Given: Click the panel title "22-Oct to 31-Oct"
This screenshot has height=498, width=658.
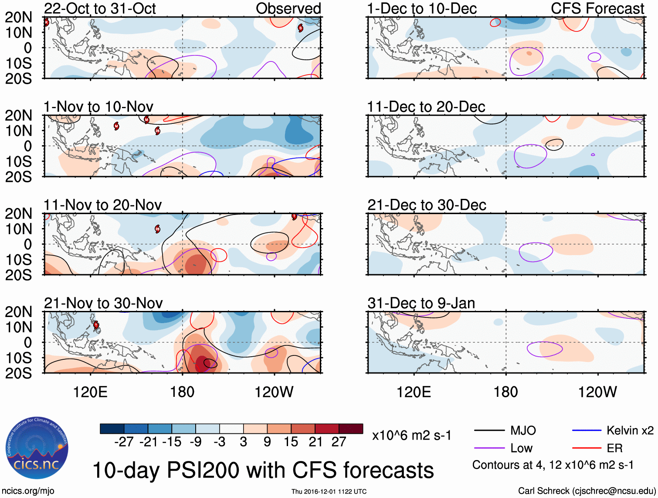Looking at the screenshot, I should pos(100,9).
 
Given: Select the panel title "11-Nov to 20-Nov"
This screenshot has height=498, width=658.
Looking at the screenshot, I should pos(102,205).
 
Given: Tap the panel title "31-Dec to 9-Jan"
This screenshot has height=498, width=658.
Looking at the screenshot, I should pos(421,303).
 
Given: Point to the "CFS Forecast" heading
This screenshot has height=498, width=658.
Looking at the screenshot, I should pos(597,9).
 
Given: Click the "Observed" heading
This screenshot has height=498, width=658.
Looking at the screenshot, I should pos(288,9).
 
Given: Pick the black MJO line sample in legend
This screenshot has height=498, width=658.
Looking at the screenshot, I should pos(489,431).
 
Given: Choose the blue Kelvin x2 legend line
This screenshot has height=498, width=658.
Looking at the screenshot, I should pos(587,431).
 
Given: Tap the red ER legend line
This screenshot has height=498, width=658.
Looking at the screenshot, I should pos(587,448).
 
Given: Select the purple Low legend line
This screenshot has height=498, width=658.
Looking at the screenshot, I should pos(489,448).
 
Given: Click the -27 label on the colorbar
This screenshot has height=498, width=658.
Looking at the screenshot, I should pos(124,442).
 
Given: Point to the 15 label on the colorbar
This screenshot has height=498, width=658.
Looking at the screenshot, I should pos(291,442).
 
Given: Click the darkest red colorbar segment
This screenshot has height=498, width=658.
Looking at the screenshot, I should pos(351,429).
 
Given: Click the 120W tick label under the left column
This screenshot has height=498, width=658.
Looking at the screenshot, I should pos(274,392).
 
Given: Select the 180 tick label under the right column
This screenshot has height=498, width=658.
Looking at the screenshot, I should pos(505,392).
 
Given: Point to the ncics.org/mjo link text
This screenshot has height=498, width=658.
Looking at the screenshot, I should pos(28,491).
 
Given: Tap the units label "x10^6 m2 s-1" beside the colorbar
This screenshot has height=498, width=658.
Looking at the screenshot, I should pos(412,436).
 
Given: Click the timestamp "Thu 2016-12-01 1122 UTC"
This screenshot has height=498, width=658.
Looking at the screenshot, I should pos(329,492).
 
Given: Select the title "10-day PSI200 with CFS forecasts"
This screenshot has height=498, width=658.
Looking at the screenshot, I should pos(263,470).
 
